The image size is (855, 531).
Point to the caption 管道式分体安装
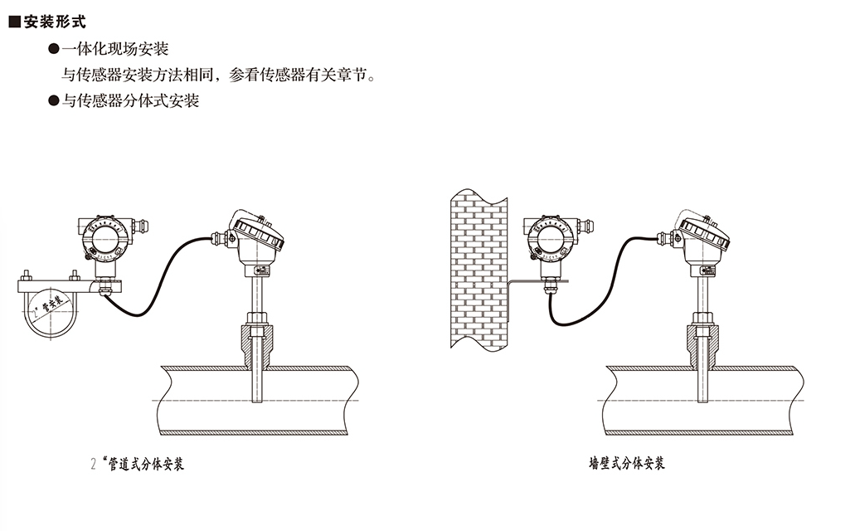[x=147, y=464]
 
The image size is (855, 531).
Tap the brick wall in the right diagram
[x=476, y=274]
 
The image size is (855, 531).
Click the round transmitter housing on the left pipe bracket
[x=104, y=241]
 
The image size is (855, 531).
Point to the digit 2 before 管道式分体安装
[x=93, y=464]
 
